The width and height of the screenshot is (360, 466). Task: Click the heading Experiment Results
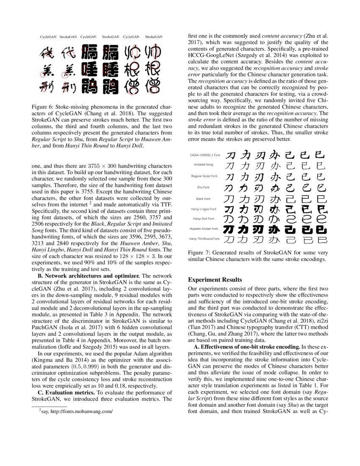coord(215,280)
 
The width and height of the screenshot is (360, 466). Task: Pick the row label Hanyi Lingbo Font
coord(204,209)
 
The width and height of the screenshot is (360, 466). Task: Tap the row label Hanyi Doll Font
coord(204,219)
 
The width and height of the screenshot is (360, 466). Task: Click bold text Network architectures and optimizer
coord(90,276)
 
